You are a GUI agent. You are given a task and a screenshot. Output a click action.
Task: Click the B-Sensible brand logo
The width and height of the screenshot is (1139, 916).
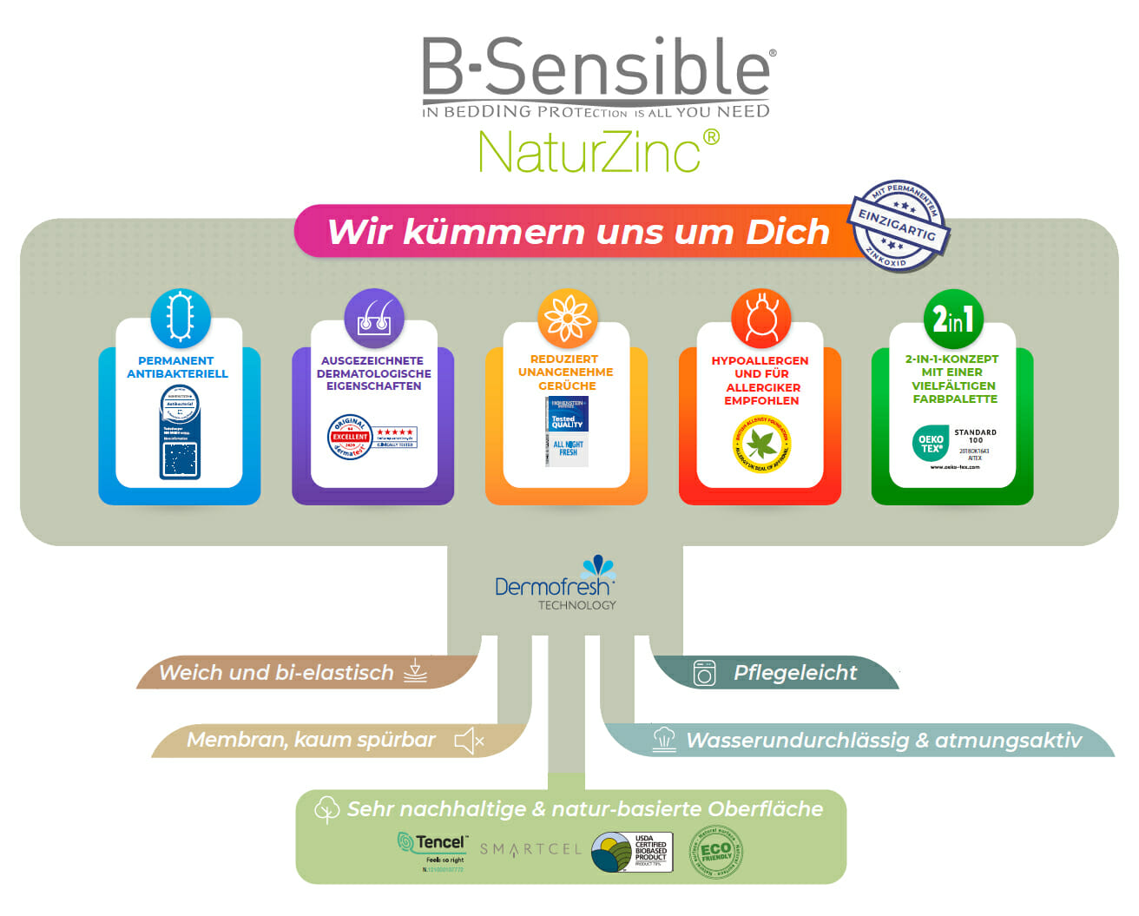596,76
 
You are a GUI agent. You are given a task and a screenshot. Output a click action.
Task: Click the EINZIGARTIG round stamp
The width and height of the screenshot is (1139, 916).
898,227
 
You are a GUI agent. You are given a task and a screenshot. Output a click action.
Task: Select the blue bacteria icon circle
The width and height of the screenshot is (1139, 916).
180,318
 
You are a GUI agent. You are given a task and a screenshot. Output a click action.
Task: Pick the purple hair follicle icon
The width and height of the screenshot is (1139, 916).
374,318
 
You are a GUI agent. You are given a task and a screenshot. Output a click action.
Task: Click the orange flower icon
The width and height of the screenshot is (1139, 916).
567,318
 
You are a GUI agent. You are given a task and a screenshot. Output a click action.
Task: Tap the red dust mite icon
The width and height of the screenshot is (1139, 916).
760,318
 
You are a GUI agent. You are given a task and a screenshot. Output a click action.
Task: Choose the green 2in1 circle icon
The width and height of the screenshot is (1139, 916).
953,319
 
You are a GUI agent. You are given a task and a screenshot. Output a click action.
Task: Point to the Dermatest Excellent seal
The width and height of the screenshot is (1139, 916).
372,437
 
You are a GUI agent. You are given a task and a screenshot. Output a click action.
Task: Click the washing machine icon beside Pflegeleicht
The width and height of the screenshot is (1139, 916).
704,673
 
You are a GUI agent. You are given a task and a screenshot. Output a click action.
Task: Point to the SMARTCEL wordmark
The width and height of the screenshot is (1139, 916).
530,849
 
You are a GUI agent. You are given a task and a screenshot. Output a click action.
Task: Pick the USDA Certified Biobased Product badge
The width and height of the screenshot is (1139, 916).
632,852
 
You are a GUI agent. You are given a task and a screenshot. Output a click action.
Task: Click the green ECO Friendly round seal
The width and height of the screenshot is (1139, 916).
715,852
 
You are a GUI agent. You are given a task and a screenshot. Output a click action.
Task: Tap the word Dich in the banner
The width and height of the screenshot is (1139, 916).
787,232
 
